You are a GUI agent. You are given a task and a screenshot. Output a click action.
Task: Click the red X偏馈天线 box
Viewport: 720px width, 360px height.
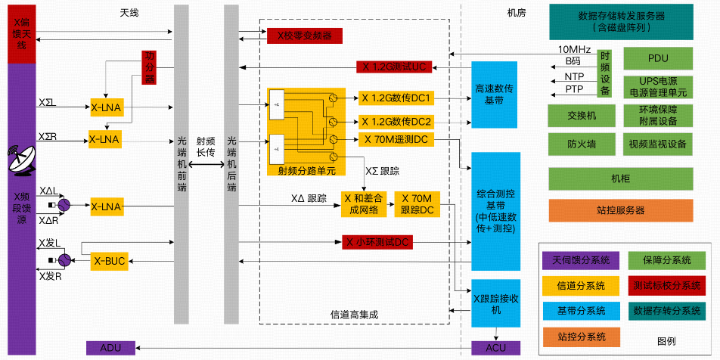coord(21,33)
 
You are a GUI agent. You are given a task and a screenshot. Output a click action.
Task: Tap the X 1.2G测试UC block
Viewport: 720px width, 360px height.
coord(393,67)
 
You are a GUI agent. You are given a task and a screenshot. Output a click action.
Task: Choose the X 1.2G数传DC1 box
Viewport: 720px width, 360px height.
coord(396,98)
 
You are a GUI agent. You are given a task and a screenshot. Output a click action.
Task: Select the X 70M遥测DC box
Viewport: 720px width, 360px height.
coord(396,139)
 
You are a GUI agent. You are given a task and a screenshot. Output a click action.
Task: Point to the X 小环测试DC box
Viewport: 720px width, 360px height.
coord(376,243)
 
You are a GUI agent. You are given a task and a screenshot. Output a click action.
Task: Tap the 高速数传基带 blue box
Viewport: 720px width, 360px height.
coord(495,95)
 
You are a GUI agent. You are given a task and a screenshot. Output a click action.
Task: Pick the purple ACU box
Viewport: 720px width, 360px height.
coord(496,348)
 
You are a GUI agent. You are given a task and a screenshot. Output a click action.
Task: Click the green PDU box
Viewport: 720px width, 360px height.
coord(657,58)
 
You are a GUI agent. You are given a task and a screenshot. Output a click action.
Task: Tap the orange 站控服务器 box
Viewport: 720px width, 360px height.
coord(620,210)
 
